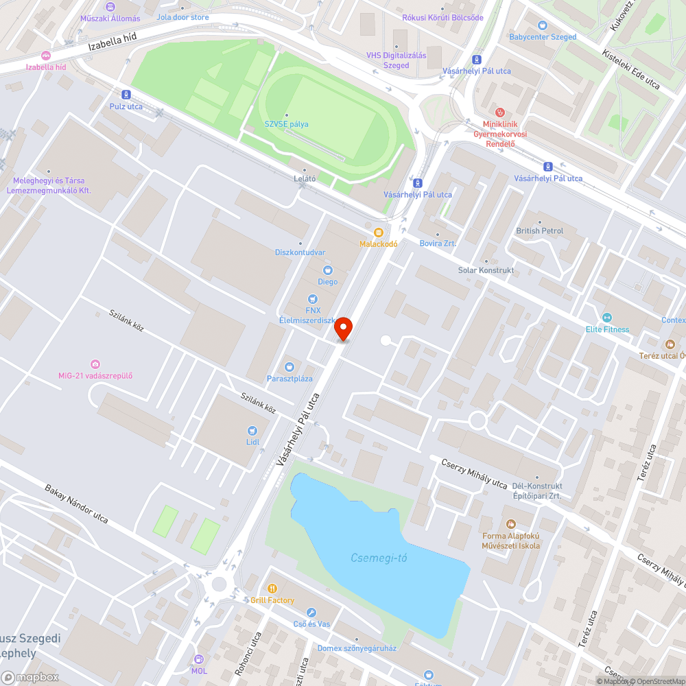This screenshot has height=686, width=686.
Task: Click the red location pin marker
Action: click(x=343, y=329)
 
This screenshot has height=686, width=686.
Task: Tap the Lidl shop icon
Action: click(x=252, y=430)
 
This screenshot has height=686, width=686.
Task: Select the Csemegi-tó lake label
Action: click(x=379, y=558)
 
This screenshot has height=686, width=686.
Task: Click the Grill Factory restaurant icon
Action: click(x=272, y=589)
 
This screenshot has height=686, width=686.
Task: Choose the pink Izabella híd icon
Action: click(x=46, y=56)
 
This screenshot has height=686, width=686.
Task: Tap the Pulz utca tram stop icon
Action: click(x=126, y=95)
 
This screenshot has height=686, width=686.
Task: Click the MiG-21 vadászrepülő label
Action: click(x=95, y=375)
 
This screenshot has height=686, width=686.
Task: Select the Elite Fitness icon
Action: click(x=606, y=318)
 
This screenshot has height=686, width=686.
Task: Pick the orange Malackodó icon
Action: click(x=379, y=233)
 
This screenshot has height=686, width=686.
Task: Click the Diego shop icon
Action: click(x=327, y=270)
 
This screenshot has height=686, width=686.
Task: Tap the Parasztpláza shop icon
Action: click(x=289, y=367)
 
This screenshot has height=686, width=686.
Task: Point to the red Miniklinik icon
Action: click(x=500, y=112)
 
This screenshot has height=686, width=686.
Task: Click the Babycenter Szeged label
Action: click(x=543, y=37)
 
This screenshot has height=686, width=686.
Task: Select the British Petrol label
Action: click(x=540, y=231)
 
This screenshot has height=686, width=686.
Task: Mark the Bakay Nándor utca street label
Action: click(x=76, y=504)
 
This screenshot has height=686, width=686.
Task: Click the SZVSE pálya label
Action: click(x=287, y=124)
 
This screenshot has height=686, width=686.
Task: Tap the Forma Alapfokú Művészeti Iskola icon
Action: click(x=510, y=524)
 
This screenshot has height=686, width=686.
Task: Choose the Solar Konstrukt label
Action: click(x=486, y=270)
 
